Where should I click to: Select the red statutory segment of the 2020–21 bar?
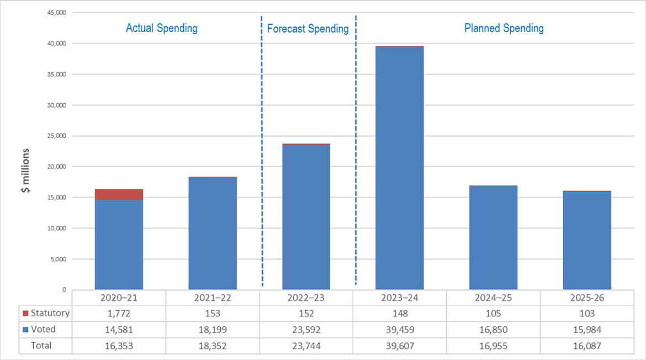click(x=119, y=194)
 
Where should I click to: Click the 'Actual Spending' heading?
click(x=162, y=28)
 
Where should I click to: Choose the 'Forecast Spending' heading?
click(x=308, y=29)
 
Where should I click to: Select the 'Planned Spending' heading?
click(x=504, y=28)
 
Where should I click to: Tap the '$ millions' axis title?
click(x=26, y=175)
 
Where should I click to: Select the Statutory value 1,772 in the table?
click(x=119, y=314)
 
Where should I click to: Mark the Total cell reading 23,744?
click(x=306, y=346)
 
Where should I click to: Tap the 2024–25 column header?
click(x=493, y=298)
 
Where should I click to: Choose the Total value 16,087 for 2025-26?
click(x=587, y=346)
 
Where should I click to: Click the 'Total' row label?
click(x=42, y=346)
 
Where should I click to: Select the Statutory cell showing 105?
click(x=493, y=314)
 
